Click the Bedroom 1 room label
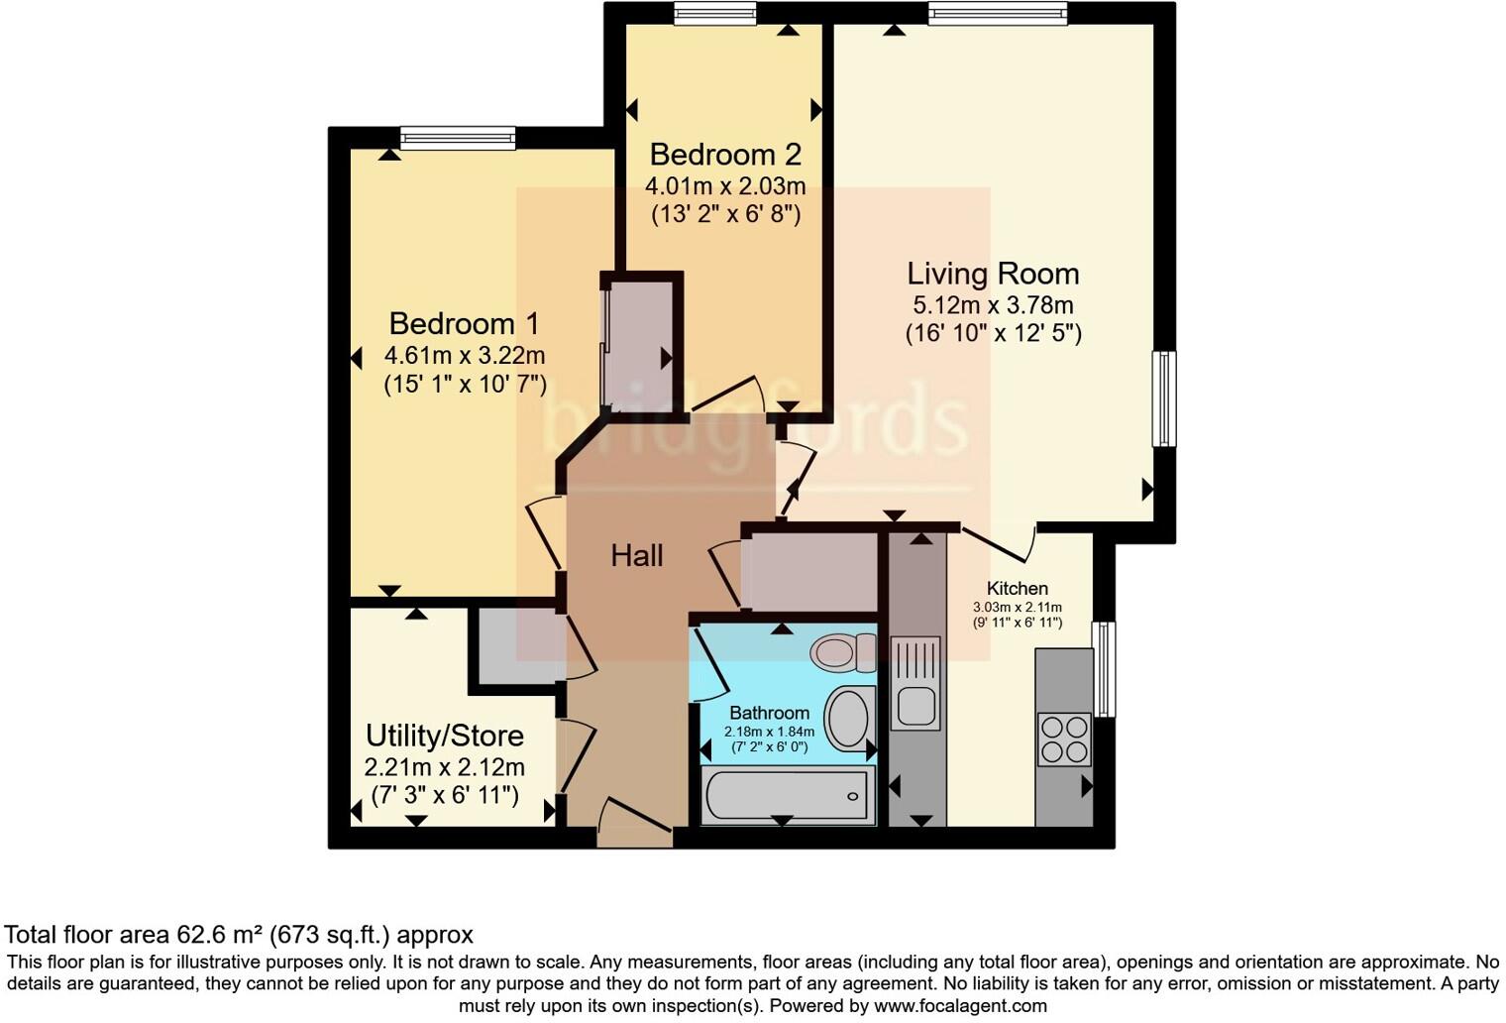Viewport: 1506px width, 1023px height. pyautogui.click(x=464, y=324)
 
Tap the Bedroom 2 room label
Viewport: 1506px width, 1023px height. pyautogui.click(x=725, y=155)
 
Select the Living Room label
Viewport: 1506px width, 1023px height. pyautogui.click(x=993, y=274)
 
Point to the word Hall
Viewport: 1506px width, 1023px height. pyautogui.click(x=636, y=556)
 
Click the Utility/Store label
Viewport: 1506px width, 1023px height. pyautogui.click(x=445, y=736)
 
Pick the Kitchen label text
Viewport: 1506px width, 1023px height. pyautogui.click(x=1017, y=589)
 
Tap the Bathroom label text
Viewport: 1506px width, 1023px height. pyautogui.click(x=769, y=713)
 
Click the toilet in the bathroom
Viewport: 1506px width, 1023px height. pyautogui.click(x=841, y=650)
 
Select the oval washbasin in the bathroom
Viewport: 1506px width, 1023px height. pyautogui.click(x=847, y=719)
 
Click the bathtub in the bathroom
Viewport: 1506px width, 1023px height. pyautogui.click(x=786, y=795)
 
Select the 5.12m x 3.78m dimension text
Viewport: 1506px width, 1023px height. pyautogui.click(x=993, y=305)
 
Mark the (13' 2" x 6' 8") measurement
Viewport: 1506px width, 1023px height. pyautogui.click(x=725, y=214)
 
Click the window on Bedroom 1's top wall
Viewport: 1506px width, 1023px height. pyautogui.click(x=458, y=138)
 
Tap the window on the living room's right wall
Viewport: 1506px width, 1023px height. pyautogui.click(x=1164, y=398)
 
